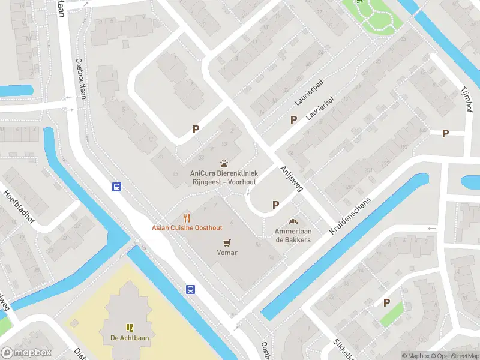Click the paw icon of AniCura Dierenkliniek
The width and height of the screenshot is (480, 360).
tap(224, 163)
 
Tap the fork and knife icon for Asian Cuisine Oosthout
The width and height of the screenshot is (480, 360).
tap(187, 217)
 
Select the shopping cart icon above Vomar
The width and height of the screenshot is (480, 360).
tap(227, 242)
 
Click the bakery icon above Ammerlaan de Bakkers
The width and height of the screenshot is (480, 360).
tap(293, 221)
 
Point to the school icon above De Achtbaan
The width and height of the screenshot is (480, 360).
tap(129, 327)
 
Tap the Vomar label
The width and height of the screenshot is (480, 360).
tap(227, 253)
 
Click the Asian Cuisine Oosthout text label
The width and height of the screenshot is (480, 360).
tap(187, 228)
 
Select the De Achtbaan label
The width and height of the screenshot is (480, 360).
tap(129, 338)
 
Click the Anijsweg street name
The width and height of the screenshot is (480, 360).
tap(292, 178)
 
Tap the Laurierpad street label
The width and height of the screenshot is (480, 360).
tap(309, 93)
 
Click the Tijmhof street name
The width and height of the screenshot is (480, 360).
tap(464, 98)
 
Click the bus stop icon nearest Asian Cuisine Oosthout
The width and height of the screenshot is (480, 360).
tap(116, 187)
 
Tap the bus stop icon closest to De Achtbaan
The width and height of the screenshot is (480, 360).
tap(190, 289)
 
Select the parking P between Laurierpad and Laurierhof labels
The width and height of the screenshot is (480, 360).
tap(293, 119)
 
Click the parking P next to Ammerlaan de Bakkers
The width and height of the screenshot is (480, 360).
tap(275, 205)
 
